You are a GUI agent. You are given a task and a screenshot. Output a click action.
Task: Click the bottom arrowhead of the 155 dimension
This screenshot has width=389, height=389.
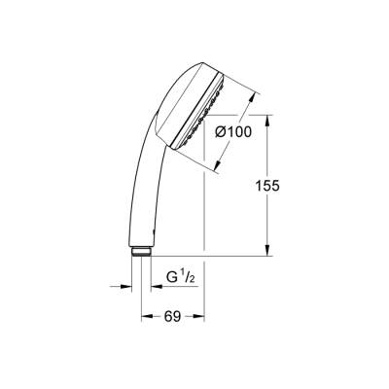[266, 251]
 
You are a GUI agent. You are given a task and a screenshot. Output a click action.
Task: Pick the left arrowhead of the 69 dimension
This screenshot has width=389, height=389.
[147, 317]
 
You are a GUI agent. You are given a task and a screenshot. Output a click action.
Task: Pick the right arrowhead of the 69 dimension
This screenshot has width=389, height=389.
[198, 317]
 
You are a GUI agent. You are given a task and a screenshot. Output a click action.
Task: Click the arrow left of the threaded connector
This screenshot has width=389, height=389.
[125, 288]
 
